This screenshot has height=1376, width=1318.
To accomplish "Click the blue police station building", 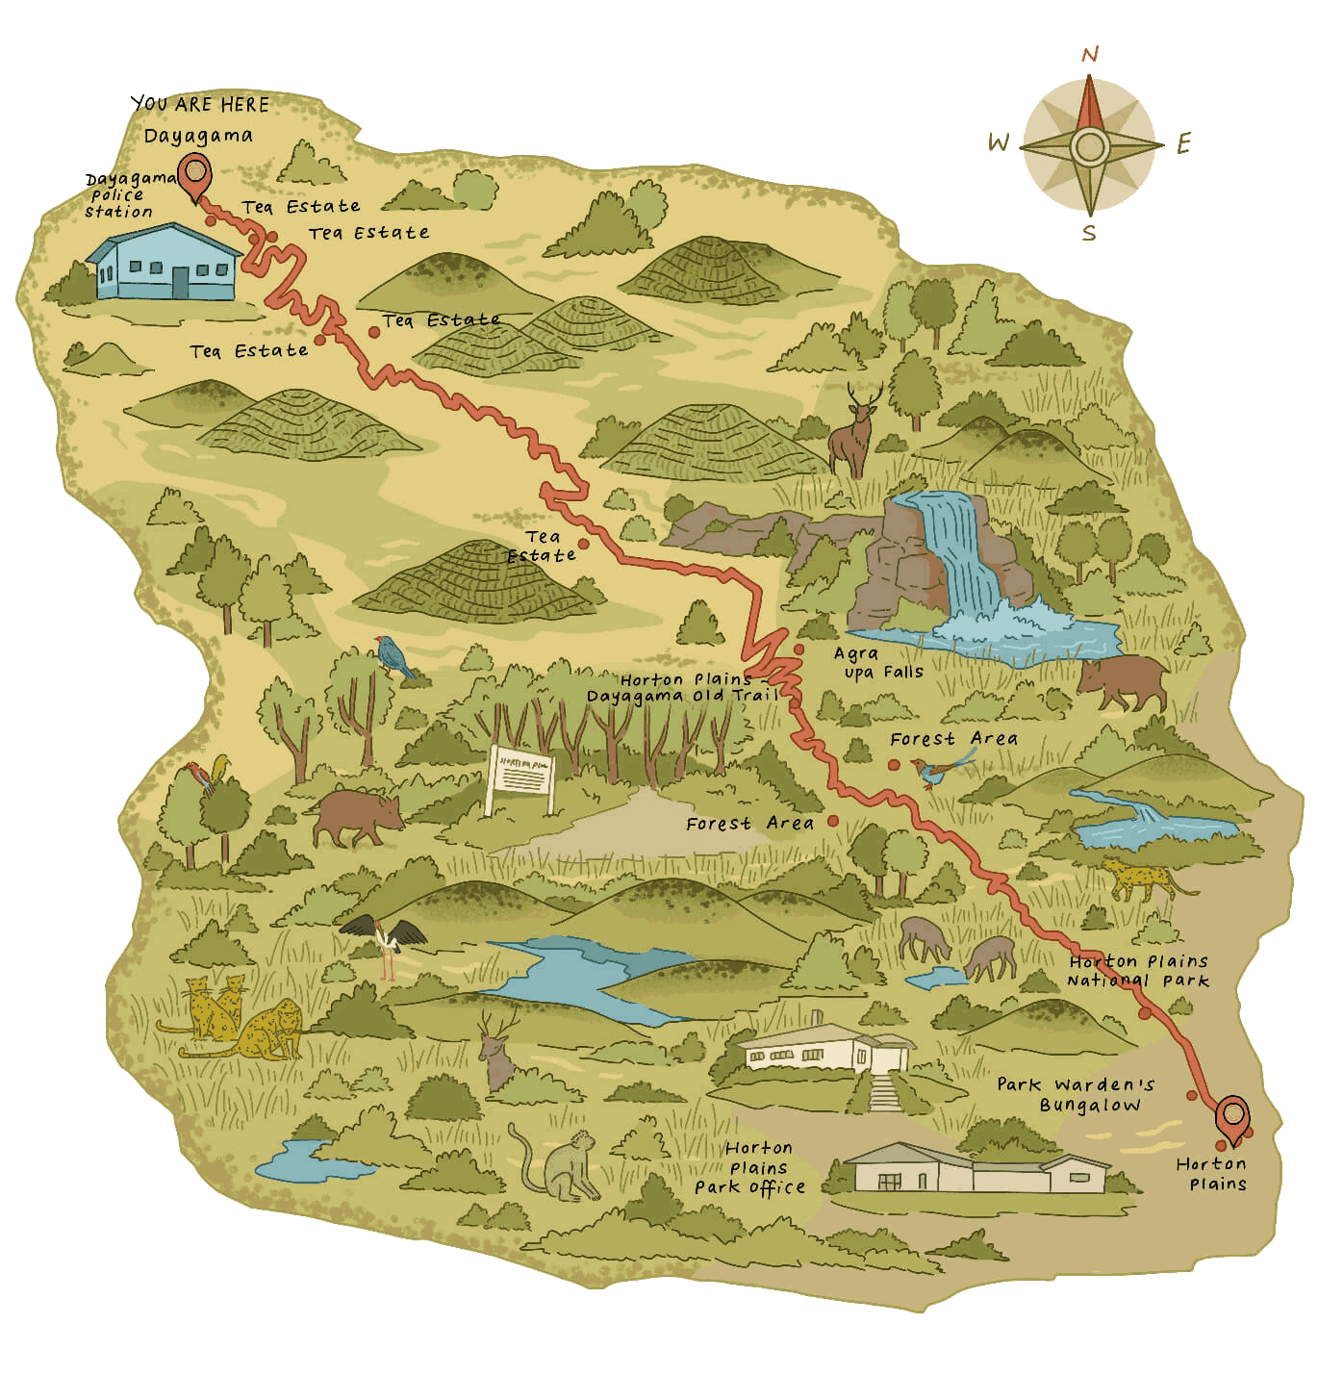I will [164, 262].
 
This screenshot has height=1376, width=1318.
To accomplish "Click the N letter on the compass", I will [1090, 55].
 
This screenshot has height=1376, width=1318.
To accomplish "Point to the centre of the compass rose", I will [1089, 146].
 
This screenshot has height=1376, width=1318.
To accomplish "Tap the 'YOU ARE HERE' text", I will [200, 104].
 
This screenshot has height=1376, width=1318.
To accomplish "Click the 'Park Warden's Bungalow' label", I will [1076, 1095].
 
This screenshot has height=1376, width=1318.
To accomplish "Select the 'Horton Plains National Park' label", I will [1138, 971].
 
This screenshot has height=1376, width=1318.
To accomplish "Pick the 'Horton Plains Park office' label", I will [753, 1167].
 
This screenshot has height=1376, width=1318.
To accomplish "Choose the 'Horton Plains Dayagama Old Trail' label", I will [683, 688].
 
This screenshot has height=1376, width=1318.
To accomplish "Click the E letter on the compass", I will [1184, 146].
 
